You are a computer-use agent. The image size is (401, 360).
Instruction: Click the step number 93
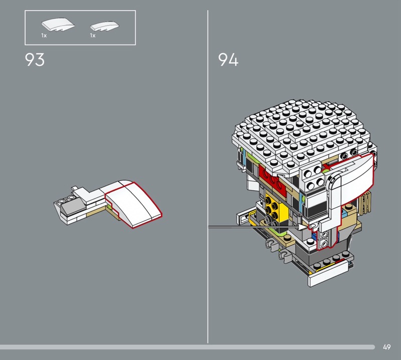[35, 60]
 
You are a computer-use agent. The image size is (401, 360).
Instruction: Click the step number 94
[228, 60]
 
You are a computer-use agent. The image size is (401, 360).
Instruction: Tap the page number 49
[386, 347]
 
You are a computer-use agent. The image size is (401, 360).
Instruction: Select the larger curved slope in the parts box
[58, 25]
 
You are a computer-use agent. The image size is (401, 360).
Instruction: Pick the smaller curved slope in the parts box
[105, 26]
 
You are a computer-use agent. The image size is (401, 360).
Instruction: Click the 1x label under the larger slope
[44, 36]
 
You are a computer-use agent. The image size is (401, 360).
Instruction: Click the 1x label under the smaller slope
[93, 36]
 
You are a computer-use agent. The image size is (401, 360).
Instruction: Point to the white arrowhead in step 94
[303, 227]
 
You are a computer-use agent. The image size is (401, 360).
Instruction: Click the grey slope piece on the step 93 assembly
[69, 207]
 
